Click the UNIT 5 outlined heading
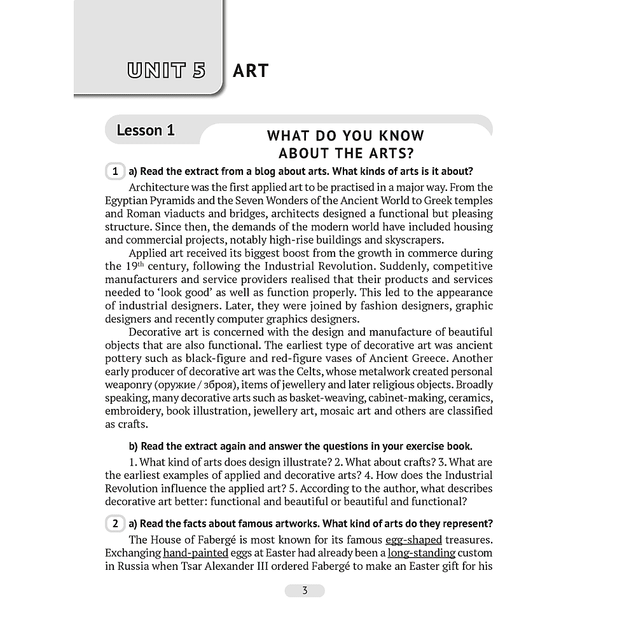pyautogui.click(x=167, y=70)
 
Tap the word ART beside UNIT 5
pyautogui.click(x=251, y=71)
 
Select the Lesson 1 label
pyautogui.click(x=146, y=130)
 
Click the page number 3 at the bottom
pyautogui.click(x=305, y=591)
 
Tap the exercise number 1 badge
pyautogui.click(x=114, y=172)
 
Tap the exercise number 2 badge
pyautogui.click(x=114, y=524)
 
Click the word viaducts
pyautogui.click(x=167, y=214)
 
